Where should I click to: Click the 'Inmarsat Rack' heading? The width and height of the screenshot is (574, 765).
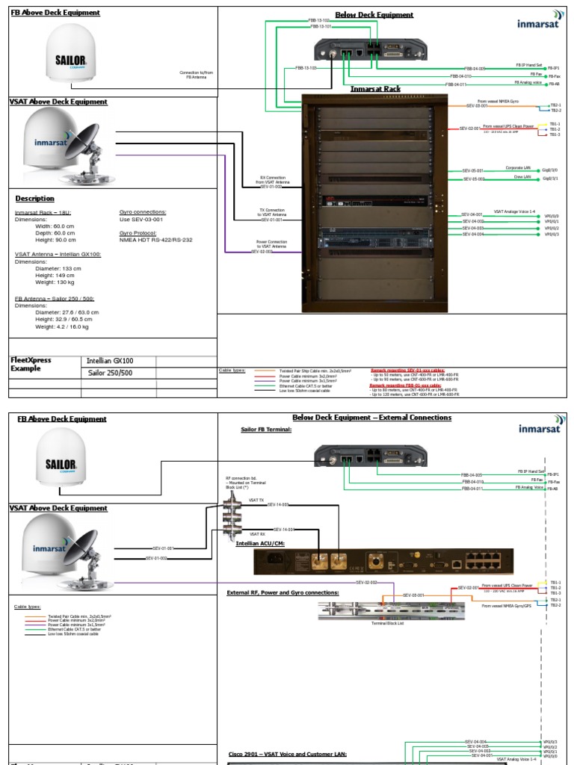(375, 89)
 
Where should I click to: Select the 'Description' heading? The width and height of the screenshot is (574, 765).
(34, 199)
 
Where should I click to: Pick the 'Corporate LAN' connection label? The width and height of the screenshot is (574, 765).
(498, 168)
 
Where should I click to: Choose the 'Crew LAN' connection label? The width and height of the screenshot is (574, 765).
(502, 177)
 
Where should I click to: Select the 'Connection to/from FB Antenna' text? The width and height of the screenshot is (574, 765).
(197, 74)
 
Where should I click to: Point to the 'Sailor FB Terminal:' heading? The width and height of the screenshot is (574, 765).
(266, 430)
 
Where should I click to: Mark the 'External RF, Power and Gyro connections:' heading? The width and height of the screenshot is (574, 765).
(283, 592)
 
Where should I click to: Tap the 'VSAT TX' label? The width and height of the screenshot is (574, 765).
(256, 499)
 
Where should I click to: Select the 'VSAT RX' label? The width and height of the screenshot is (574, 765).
(256, 534)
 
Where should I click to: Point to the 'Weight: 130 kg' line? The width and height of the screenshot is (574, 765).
(56, 282)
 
